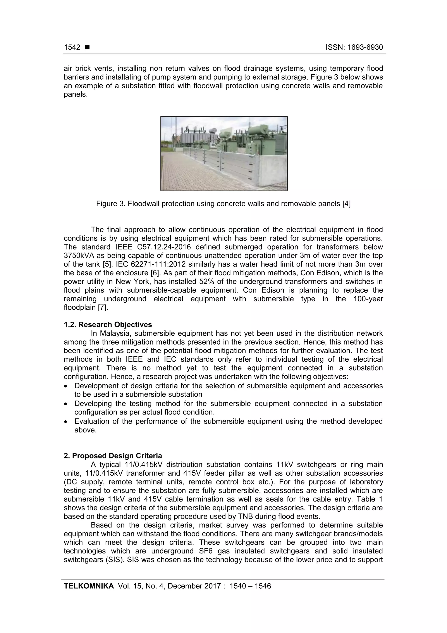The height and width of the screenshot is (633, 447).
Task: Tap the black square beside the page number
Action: pyautogui.click(x=87, y=47)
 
